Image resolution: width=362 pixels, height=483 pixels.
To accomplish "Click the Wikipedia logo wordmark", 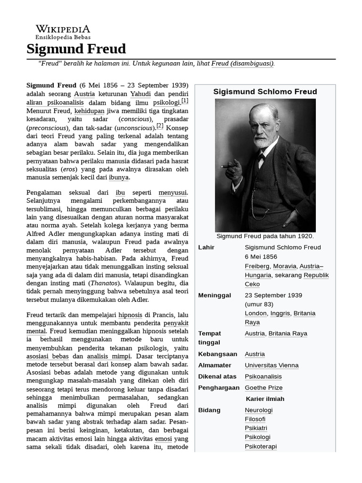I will click(63, 29).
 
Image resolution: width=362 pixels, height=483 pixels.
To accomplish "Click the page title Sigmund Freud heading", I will click(76, 49).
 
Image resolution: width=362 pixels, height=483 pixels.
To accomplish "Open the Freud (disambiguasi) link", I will click(242, 64).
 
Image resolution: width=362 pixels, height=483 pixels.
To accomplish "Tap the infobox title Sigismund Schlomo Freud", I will click(265, 92).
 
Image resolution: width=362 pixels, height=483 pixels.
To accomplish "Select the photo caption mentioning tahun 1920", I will click(265, 236).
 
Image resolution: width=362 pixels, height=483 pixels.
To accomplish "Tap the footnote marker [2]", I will click(160, 126).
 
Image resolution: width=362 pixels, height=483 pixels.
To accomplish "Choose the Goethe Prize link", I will click(263, 388).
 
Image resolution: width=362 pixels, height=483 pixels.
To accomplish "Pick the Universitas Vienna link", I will click(271, 365).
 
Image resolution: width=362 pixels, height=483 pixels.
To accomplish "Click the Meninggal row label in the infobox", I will click(214, 295).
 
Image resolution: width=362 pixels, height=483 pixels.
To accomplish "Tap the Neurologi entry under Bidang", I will click(258, 410).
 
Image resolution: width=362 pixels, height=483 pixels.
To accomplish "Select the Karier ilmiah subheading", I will click(265, 399).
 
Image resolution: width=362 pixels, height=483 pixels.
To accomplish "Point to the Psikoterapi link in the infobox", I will click(261, 446).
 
